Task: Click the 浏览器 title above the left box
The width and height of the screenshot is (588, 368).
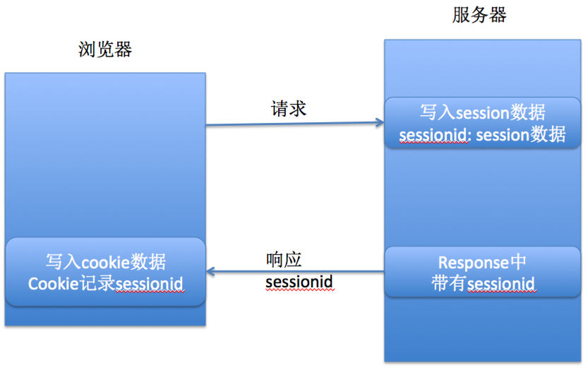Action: point(105,49)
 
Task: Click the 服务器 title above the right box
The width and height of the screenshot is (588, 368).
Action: point(479,16)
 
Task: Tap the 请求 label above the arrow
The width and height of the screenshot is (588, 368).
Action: point(289,109)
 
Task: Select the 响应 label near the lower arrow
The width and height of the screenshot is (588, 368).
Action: point(284,260)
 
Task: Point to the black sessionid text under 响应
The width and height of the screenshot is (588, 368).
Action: point(299,282)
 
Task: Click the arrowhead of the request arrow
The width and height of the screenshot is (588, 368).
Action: point(380,122)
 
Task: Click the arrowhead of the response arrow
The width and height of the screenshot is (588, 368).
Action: point(210,271)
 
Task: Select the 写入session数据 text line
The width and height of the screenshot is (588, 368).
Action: point(482,112)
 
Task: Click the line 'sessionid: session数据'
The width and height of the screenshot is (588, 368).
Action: point(482,135)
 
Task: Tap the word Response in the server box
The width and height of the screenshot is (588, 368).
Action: point(474,263)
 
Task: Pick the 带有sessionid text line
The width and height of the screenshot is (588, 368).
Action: point(483,283)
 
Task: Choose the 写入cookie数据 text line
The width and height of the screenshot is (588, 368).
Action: point(106,261)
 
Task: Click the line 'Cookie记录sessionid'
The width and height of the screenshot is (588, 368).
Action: point(106,284)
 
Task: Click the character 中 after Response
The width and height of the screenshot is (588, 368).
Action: point(519,262)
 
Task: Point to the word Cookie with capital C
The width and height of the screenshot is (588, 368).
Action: point(53,284)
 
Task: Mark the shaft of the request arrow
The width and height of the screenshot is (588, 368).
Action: point(295,124)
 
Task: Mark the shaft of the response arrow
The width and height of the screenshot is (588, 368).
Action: point(295,271)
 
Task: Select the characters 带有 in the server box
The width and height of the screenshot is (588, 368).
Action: point(448,283)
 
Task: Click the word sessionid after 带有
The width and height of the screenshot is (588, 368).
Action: point(501,284)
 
